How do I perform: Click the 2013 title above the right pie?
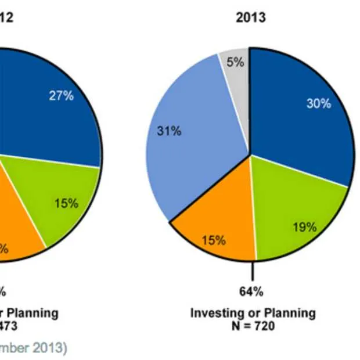tap(251, 17)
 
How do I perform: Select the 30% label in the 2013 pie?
tap(318, 103)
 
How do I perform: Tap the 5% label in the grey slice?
tap(235, 62)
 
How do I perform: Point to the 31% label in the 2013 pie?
tap(169, 131)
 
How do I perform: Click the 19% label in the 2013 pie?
tap(304, 227)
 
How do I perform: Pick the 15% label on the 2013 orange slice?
tap(213, 240)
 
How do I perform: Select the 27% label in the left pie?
tap(61, 96)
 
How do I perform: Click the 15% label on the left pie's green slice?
tap(66, 203)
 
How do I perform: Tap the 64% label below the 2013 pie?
tap(252, 291)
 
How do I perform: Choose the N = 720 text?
tap(253, 326)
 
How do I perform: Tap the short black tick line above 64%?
tap(253, 271)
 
